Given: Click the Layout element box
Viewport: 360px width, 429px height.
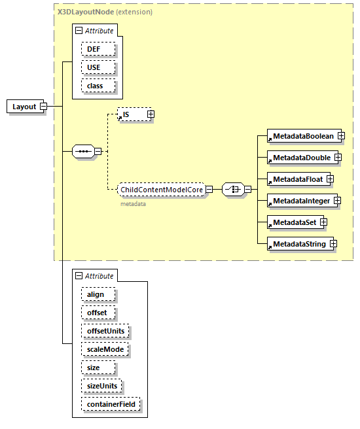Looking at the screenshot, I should coord(24,107).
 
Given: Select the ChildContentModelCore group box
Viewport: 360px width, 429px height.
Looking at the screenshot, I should coord(161,190).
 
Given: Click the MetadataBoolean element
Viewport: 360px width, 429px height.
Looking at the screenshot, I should coord(303,135).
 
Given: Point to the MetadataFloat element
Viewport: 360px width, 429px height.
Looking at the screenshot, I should coord(298,179).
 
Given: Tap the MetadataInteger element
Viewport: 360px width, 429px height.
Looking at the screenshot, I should coord(302,200).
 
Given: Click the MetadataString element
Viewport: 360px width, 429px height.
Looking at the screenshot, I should coord(299,244).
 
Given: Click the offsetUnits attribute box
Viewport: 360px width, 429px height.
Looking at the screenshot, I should coord(105,331).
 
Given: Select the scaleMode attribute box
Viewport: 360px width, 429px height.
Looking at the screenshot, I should coord(105,349).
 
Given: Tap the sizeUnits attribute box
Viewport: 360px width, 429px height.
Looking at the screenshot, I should coord(102,386).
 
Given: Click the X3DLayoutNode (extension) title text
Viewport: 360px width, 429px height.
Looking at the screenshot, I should coord(105,12).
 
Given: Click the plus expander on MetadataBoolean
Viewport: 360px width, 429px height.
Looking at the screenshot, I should coord(340,135).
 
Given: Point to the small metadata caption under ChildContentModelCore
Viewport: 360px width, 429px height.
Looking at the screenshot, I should coord(132,204).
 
